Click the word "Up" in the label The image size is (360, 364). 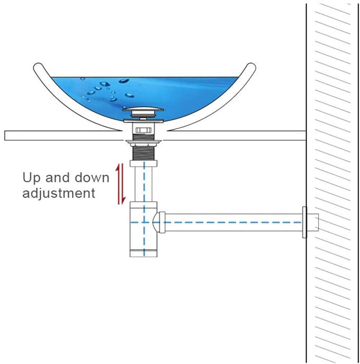coord(31,178)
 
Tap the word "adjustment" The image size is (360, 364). coord(59,193)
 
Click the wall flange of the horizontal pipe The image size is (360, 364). coord(305,222)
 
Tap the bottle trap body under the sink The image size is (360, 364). coord(144,229)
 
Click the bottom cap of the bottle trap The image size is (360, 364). coord(144,253)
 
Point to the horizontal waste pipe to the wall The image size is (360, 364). coord(234,223)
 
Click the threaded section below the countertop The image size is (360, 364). coord(144,153)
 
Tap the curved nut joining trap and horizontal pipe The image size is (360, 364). coord(159,222)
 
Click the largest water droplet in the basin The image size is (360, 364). coord(124,81)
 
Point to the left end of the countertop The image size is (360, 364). coord(5,136)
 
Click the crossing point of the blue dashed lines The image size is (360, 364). coord(144,223)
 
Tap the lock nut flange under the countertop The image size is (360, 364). coord(144,141)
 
